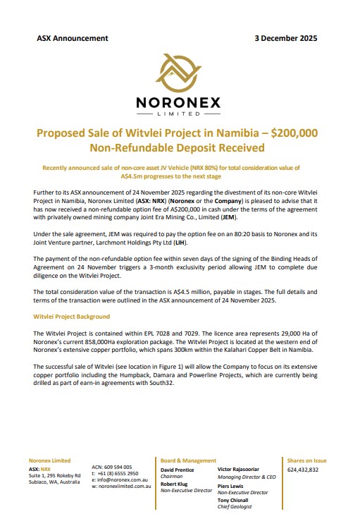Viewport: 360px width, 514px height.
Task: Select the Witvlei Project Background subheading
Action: (71, 317)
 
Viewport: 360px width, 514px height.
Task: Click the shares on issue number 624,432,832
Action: (303, 469)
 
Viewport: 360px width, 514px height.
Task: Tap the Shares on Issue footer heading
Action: (306, 460)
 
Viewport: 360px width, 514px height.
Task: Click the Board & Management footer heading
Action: (189, 460)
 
